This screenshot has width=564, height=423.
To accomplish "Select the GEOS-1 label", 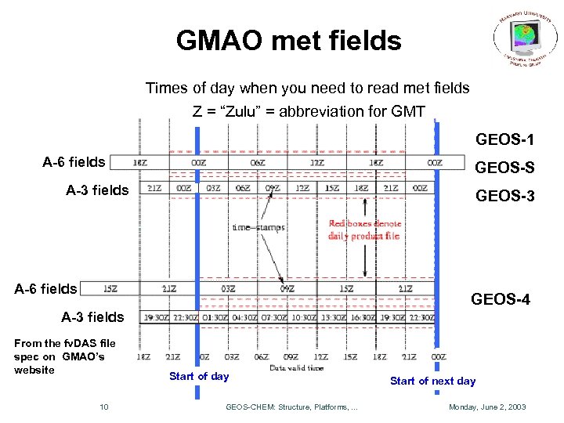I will (x=504, y=140).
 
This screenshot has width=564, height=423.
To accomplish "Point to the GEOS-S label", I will (x=504, y=168).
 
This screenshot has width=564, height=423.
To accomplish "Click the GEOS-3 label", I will (x=504, y=196).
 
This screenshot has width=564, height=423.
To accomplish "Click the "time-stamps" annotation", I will (x=258, y=227).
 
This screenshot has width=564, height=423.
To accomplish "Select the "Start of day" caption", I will (x=199, y=376).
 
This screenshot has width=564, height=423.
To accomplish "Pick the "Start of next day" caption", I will (x=432, y=381).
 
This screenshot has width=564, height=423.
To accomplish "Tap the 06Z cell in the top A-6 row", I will (x=257, y=162).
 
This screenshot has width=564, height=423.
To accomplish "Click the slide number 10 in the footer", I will (x=103, y=407).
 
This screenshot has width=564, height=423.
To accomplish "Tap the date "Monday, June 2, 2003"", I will (x=486, y=407).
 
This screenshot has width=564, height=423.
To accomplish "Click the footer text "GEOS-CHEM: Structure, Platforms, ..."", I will (x=291, y=407).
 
